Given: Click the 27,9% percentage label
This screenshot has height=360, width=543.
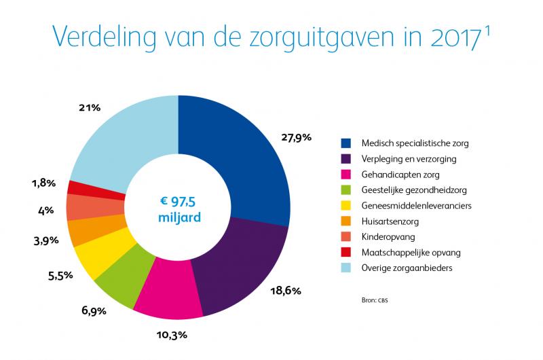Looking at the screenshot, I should coord(296,137).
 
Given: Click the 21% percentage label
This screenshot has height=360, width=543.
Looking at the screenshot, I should coord(90,107).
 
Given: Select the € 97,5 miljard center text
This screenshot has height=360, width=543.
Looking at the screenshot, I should coord(178,207).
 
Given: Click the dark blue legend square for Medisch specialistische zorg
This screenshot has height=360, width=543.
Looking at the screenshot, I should coord(346,143).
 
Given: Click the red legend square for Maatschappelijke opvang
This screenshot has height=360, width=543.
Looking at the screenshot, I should coord(346,253).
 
